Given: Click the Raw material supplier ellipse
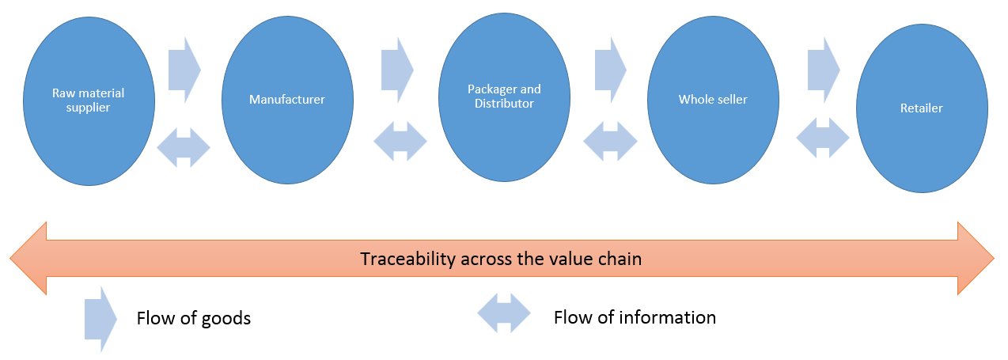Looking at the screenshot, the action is click(x=89, y=101).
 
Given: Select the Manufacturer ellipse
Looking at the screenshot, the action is click(x=287, y=100).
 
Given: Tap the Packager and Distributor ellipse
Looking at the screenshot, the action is click(x=505, y=97).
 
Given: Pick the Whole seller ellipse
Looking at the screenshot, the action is click(x=713, y=100).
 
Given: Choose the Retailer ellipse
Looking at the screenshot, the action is click(x=922, y=108).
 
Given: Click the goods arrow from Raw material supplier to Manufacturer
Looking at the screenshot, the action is click(x=184, y=70).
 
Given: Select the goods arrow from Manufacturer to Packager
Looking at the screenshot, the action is click(x=397, y=70).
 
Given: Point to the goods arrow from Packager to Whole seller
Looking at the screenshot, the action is click(x=611, y=70).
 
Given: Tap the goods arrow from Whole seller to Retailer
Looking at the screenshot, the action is click(x=824, y=70).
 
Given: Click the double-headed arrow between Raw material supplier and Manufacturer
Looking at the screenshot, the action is click(x=184, y=148).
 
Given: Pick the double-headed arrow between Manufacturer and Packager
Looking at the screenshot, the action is click(x=400, y=142).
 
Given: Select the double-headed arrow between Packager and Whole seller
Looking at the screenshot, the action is click(x=610, y=142).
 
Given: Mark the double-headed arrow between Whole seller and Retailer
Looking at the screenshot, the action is click(x=823, y=138).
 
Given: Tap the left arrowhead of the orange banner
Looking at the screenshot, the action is click(x=28, y=258).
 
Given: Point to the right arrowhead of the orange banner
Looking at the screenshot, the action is click(x=976, y=258).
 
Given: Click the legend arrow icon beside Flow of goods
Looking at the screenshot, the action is click(x=100, y=319).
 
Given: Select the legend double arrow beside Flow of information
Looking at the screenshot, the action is click(x=504, y=313).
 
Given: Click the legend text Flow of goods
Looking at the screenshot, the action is click(x=194, y=319).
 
